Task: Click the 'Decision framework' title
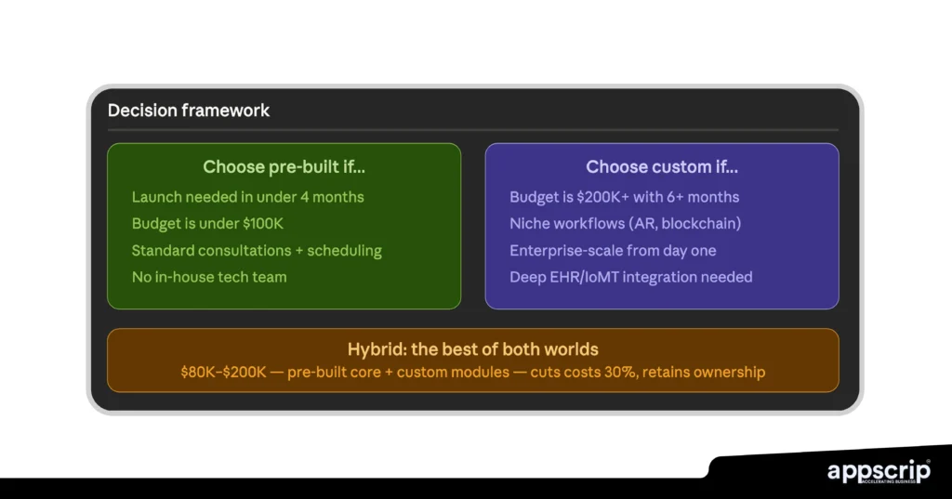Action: coord(189,111)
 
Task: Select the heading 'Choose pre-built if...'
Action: coord(284,167)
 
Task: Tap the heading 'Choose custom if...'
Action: coord(661,167)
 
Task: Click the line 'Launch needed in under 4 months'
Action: coord(247,197)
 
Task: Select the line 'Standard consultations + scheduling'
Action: coord(257,251)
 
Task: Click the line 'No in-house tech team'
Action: coord(209,277)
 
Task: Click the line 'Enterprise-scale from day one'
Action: coord(613,251)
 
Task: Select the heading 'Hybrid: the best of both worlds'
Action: coord(472,349)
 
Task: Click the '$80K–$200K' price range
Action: coord(223,373)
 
